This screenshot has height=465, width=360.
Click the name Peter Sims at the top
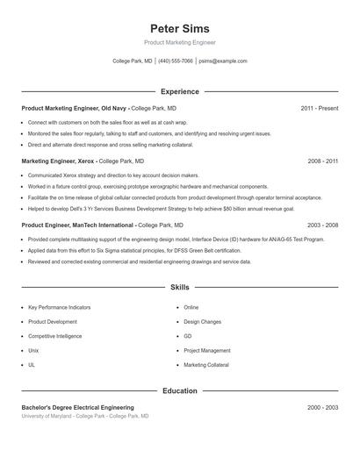pyautogui.click(x=179, y=28)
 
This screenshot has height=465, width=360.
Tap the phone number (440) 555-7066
pyautogui.click(x=176, y=61)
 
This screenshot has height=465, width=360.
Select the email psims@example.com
pyautogui.click(x=223, y=61)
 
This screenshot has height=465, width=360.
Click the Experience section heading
pyautogui.click(x=180, y=91)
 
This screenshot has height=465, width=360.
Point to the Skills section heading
pyautogui.click(x=180, y=287)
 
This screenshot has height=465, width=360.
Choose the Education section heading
pyautogui.click(x=180, y=390)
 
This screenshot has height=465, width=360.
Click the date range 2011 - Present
pyautogui.click(x=319, y=108)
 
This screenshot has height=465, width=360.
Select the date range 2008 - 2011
pyautogui.click(x=322, y=161)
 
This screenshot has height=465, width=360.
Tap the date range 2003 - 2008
pyautogui.click(x=322, y=225)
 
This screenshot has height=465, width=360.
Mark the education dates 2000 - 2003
pyautogui.click(x=322, y=407)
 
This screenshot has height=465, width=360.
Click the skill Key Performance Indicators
pyautogui.click(x=59, y=308)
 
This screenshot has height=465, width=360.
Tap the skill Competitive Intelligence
pyautogui.click(x=54, y=336)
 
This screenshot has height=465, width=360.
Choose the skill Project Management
pyautogui.click(x=207, y=350)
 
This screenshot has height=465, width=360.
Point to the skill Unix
pyautogui.click(x=33, y=350)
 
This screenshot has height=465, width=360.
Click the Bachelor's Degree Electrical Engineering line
pyautogui.click(x=78, y=407)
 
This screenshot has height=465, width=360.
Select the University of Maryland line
pyautogui.click(x=85, y=416)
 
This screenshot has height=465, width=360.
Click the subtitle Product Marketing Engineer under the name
pyautogui.click(x=179, y=42)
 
